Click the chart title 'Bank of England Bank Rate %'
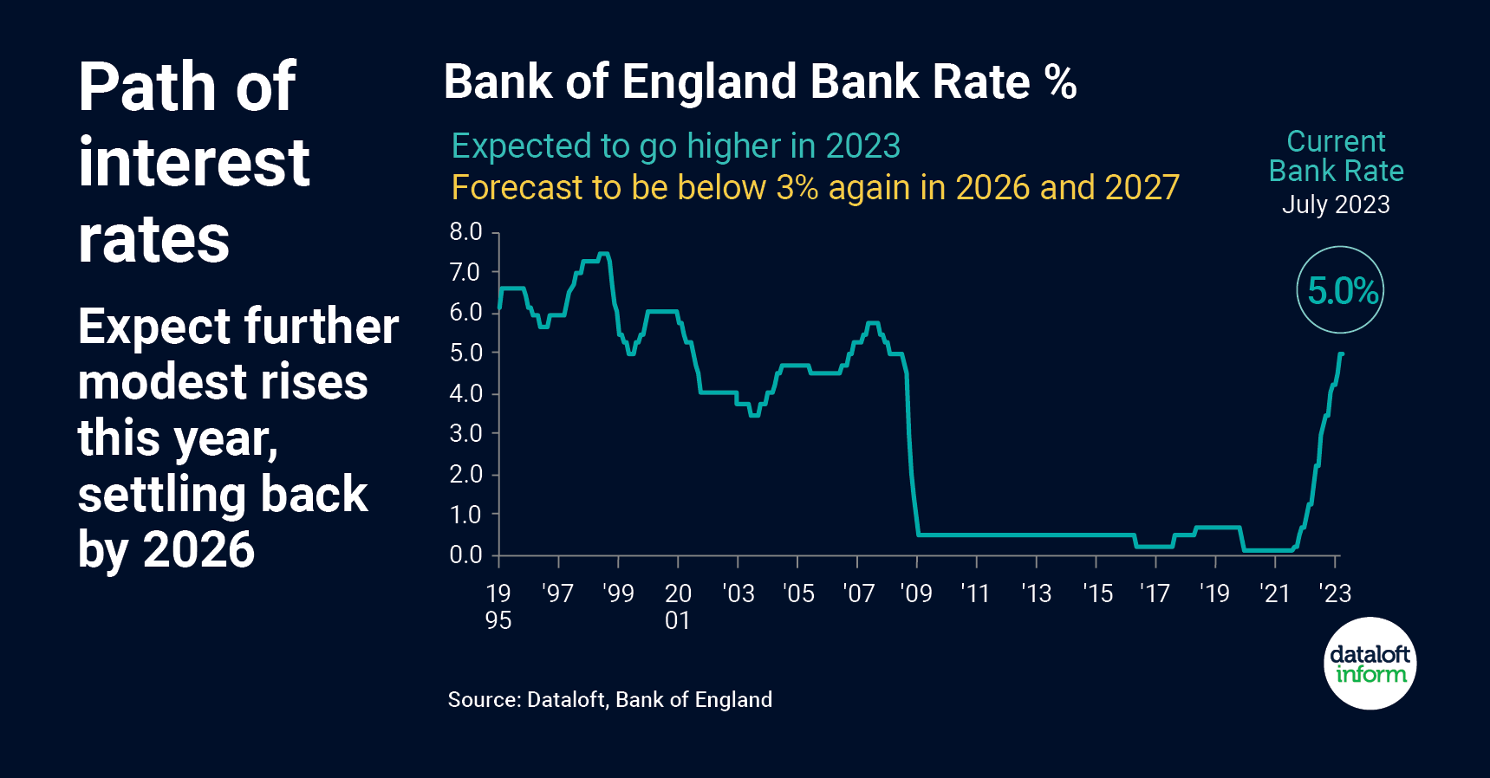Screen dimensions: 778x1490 (759, 82)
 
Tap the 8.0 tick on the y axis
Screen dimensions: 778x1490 (465, 232)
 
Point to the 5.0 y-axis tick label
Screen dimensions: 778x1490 (465, 353)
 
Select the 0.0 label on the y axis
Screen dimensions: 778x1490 (465, 555)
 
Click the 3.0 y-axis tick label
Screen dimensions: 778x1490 (465, 434)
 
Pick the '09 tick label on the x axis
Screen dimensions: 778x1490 (916, 594)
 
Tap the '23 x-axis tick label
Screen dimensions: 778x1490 (1335, 594)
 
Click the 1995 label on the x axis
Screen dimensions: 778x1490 (498, 606)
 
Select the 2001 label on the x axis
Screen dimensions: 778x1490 (678, 606)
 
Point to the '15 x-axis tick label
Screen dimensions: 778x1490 (1097, 594)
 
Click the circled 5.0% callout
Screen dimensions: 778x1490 (1340, 290)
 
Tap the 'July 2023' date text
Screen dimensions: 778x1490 (1336, 204)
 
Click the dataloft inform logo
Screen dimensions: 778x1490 (1370, 664)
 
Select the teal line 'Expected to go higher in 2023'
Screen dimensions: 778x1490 (676, 146)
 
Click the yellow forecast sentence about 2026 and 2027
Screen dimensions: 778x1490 (815, 188)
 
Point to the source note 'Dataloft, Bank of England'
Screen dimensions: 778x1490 (609, 700)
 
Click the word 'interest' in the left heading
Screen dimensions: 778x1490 (193, 162)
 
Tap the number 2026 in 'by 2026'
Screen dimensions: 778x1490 (198, 549)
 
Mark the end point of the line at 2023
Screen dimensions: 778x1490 (1341, 353)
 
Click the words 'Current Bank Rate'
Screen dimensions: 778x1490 (1336, 157)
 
